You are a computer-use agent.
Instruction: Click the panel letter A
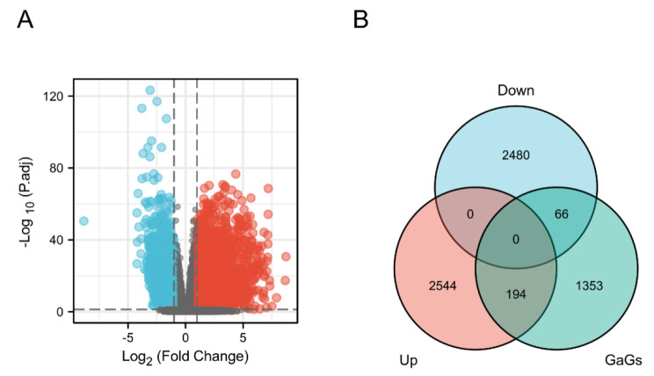point(27,19)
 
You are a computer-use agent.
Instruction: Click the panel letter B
point(360,19)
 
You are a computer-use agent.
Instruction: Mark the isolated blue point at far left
point(84,221)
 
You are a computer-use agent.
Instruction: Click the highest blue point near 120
point(150,90)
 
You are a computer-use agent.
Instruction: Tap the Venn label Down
point(516,90)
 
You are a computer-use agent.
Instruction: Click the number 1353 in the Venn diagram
point(590,285)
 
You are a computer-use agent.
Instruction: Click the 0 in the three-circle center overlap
point(515,238)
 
